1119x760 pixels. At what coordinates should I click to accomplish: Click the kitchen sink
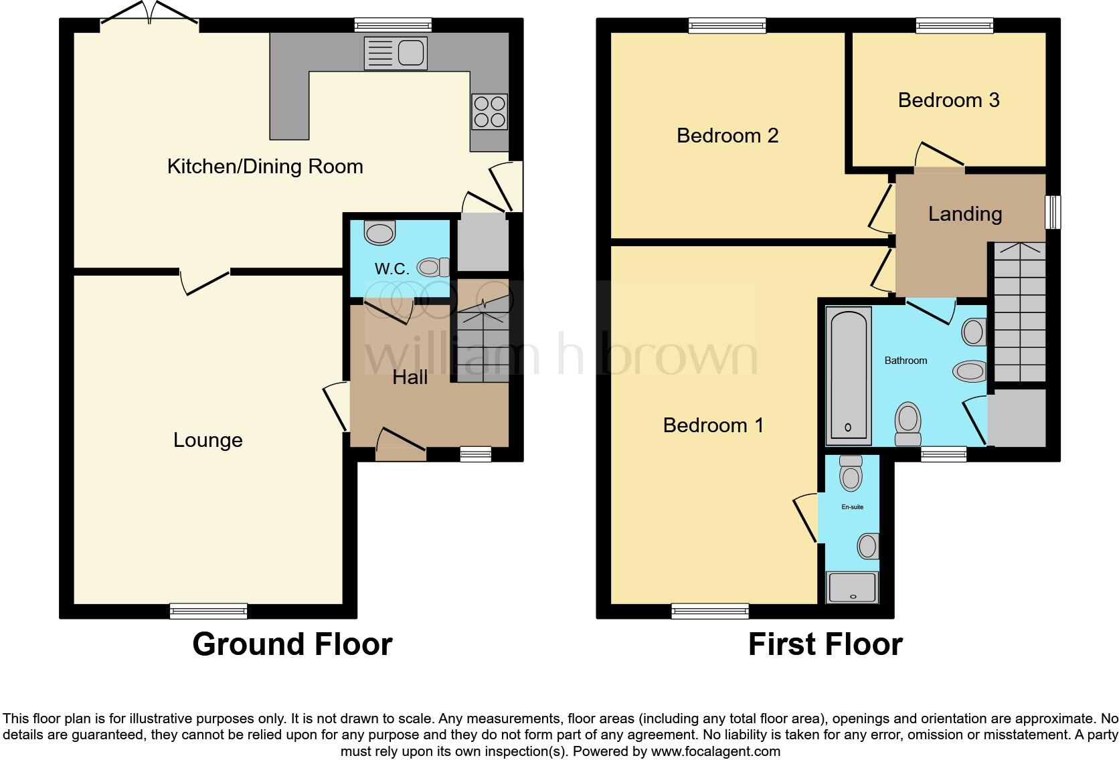coord(396,53)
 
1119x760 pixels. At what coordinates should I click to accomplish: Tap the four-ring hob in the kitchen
coord(489,112)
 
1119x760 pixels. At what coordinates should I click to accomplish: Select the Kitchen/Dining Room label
coord(265,167)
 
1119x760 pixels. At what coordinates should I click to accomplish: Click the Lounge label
coord(207,440)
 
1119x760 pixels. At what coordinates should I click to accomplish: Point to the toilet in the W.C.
coord(433,268)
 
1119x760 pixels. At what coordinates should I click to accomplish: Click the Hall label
coord(410,377)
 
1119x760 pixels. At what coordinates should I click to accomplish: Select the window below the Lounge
coord(208,611)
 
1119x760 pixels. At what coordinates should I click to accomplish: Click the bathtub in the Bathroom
coord(848,375)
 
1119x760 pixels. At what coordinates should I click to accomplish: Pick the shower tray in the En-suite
coord(852,587)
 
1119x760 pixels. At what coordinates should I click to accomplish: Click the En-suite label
coord(852,507)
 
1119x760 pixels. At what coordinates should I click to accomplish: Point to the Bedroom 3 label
coord(948,100)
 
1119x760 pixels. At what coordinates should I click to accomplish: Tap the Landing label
coord(964,214)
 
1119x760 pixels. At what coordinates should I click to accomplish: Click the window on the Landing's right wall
coord(1053,212)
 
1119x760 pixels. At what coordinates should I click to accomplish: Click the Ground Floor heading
coord(292,644)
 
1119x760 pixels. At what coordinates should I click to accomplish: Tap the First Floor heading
coord(825,644)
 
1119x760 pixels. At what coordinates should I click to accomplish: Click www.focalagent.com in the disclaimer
coord(715,751)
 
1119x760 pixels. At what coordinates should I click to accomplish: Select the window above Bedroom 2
coord(727,25)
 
